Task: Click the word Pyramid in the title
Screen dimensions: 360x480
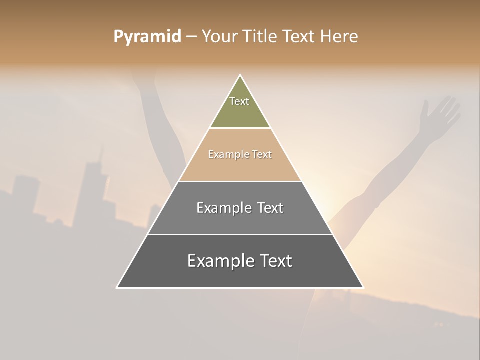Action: click(147, 37)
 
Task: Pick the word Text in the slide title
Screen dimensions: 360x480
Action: click(298, 37)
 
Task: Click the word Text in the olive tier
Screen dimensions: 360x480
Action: click(239, 101)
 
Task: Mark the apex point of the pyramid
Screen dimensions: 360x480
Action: click(240, 75)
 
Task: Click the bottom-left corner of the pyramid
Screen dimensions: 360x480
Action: click(117, 288)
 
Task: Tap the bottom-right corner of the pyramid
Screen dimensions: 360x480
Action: click(363, 288)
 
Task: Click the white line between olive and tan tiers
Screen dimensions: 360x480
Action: click(240, 128)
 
